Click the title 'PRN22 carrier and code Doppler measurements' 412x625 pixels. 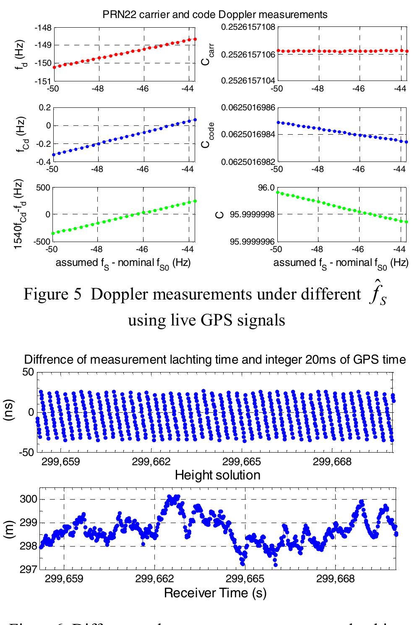(x=214, y=14)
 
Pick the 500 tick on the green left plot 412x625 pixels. (x=42, y=187)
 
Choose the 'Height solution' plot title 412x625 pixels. (x=217, y=475)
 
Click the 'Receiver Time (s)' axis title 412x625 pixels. (x=215, y=593)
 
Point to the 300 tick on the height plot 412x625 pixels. (x=30, y=500)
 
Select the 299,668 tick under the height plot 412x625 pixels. (x=336, y=579)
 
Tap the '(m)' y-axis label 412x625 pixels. (x=9, y=529)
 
